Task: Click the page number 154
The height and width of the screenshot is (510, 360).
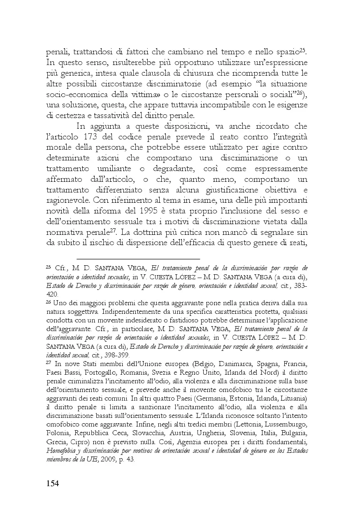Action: tap(52, 483)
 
